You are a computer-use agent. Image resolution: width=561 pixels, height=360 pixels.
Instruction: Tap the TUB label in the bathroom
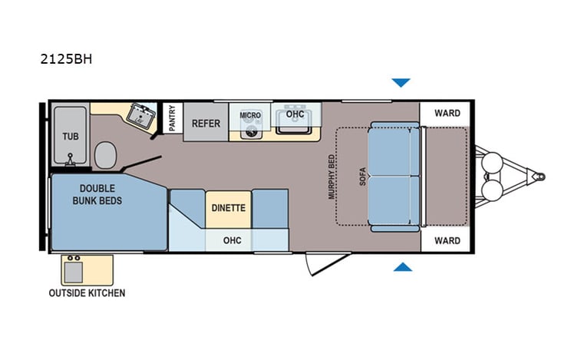(70, 137)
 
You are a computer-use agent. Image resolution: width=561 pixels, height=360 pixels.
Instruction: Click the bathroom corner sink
(140, 115)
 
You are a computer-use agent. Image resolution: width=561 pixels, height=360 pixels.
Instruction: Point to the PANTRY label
(172, 118)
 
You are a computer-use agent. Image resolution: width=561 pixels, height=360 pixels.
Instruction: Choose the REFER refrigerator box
(206, 123)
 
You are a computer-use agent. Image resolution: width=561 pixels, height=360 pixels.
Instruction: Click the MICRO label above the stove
(250, 115)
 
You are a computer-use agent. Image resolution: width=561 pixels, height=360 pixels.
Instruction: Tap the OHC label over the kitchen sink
(295, 114)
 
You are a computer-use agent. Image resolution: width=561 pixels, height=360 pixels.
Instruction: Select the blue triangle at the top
(401, 83)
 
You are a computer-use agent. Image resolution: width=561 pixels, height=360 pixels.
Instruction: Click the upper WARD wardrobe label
(447, 113)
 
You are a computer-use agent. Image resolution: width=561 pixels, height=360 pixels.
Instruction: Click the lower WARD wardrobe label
(447, 240)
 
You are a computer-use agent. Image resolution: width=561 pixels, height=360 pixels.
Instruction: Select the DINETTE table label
(228, 207)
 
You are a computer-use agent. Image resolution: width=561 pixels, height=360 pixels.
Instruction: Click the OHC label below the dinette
(232, 240)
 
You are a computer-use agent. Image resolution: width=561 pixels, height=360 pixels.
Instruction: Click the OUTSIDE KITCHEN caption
(87, 292)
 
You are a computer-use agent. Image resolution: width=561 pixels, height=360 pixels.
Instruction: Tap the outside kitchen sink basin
(74, 271)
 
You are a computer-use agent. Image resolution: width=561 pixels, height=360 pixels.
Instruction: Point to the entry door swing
(315, 264)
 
